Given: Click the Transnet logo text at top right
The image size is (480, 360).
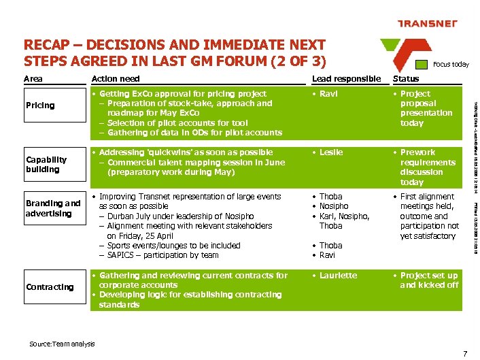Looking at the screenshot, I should pyautogui.click(x=427, y=24).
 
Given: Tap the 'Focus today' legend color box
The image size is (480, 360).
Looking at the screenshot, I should pyautogui.click(x=423, y=64).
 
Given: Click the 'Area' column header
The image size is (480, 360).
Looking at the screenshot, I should pyautogui.click(x=33, y=79).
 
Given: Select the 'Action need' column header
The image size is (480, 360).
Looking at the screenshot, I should pyautogui.click(x=116, y=79).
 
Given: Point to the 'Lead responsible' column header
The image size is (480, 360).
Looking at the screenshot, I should pyautogui.click(x=346, y=79).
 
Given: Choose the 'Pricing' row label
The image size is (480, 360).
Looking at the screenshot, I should pyautogui.click(x=40, y=105).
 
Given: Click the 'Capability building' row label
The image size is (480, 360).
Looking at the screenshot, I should pyautogui.click(x=46, y=164).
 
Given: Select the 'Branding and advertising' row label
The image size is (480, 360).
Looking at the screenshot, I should pyautogui.click(x=53, y=208).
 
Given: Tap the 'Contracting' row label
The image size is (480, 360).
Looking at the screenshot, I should pyautogui.click(x=50, y=287).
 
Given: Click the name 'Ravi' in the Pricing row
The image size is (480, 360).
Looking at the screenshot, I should pyautogui.click(x=328, y=94).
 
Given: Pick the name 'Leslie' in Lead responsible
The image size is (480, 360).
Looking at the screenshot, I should pyautogui.click(x=331, y=152).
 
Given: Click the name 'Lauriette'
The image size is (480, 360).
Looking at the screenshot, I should pyautogui.click(x=338, y=276).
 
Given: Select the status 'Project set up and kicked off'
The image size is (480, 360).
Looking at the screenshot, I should pyautogui.click(x=429, y=280).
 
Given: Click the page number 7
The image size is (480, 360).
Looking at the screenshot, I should pyautogui.click(x=464, y=353).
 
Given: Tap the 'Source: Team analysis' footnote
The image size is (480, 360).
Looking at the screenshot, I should pyautogui.click(x=63, y=344).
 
